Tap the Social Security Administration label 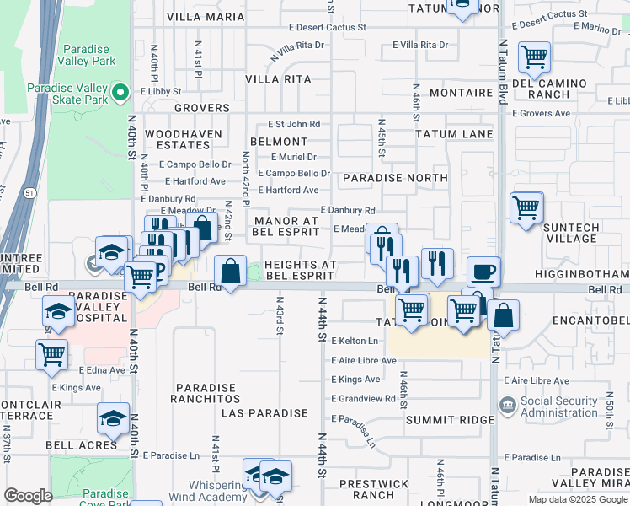[x=559, y=407]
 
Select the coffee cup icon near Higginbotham [x=483, y=272]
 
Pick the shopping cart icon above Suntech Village [x=526, y=207]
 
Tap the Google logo [x=28, y=495]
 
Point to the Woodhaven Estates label [x=184, y=139]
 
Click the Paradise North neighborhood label [x=395, y=178]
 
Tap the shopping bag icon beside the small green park [x=230, y=271]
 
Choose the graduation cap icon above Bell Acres [x=114, y=417]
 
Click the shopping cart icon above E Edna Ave [x=51, y=353]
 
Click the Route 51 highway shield [x=30, y=193]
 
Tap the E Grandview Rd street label [x=363, y=398]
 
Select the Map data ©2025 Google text [x=577, y=499]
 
